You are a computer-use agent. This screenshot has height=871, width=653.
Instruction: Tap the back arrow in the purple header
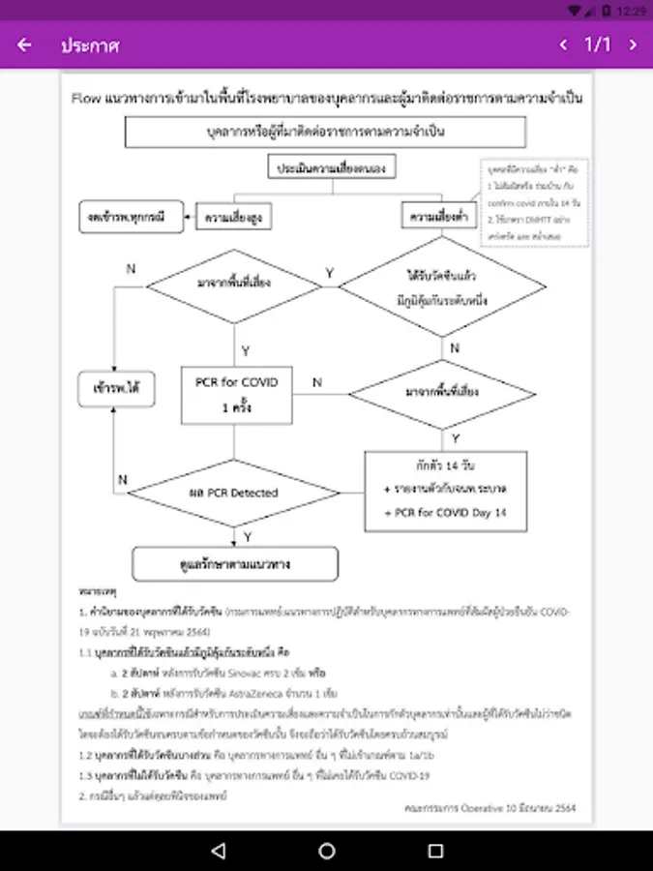tap(24, 45)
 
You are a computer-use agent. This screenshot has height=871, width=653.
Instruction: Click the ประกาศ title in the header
tap(90, 45)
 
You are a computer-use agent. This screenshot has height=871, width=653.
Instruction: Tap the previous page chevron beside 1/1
tap(564, 45)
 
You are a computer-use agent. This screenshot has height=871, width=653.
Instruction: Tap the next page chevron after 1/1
tap(634, 45)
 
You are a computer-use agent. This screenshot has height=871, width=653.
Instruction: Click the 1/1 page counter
tap(598, 45)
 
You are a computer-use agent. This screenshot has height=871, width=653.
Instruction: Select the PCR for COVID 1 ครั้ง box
tap(236, 394)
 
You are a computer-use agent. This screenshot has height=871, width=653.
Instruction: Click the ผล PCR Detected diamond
tap(233, 493)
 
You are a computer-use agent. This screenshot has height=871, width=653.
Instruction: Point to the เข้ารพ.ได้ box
tap(111, 391)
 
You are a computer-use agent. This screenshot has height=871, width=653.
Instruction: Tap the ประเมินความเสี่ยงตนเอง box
tap(334, 168)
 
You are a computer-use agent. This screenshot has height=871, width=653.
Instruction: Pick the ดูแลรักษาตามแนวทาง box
tap(234, 562)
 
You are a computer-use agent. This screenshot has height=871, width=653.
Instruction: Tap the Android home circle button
tap(327, 851)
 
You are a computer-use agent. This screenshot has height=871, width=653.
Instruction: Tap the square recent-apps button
tap(435, 851)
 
